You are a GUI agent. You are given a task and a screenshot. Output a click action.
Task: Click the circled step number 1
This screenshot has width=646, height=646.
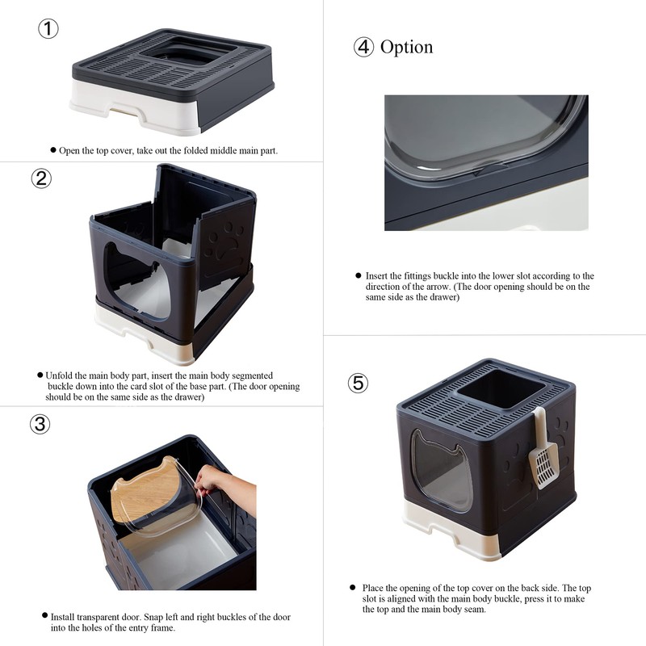pos(48,29)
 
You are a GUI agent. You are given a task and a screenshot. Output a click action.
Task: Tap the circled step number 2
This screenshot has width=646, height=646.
pos(41,178)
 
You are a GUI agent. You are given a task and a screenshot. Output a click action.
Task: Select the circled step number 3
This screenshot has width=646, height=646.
pos(40,423)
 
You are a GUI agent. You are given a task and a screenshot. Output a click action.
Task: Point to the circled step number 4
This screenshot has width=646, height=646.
pos(364,47)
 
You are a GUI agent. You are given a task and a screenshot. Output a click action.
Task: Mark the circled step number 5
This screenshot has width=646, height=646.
pos(358,383)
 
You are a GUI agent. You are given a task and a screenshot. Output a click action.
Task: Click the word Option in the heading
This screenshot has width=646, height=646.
pos(407,47)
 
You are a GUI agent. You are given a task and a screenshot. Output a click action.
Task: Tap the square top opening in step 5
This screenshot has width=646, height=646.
pos(501,388)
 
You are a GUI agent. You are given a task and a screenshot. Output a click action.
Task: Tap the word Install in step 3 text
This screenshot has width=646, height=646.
pos(63,617)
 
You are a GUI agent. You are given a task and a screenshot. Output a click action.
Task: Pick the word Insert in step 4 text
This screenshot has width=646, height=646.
pos(377,276)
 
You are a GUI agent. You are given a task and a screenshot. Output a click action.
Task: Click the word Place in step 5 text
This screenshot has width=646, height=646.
pos(373,588)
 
